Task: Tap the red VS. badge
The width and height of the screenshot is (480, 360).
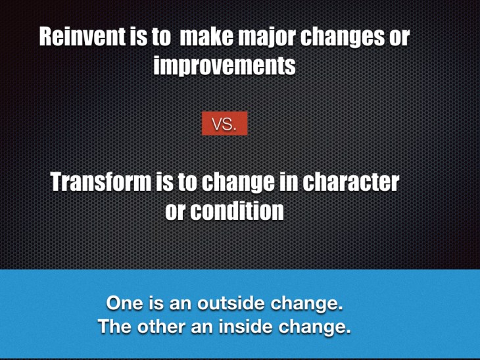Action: pos(224,124)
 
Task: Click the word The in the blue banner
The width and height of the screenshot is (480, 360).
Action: pos(114,326)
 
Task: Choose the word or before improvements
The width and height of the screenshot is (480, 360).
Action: pos(398,38)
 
